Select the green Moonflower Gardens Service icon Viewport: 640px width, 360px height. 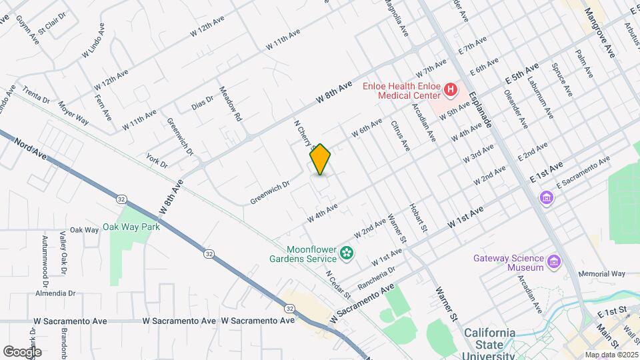[346, 253]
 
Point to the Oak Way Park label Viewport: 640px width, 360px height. [132, 227]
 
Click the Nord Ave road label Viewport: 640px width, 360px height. [31, 149]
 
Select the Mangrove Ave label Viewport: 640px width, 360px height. [599, 33]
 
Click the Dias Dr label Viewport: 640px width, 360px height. [202, 102]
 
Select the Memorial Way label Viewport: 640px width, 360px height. [602, 273]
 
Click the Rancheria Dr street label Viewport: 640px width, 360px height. [377, 270]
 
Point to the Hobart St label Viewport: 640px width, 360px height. [418, 217]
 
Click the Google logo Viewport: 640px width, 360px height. [22, 351]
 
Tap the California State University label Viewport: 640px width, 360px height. [490, 338]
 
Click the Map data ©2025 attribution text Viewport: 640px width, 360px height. [611, 354]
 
